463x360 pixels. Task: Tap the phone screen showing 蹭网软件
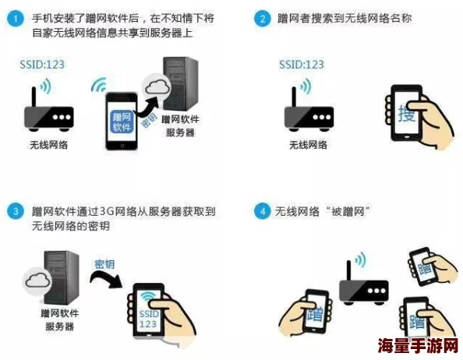pyautogui.click(x=123, y=121)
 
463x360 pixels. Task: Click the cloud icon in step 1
pyautogui.click(x=157, y=88)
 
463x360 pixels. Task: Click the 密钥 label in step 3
pyautogui.click(x=104, y=264)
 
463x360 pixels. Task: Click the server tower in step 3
pyautogui.click(x=61, y=276)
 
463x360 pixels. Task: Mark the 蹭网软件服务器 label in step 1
pyautogui.click(x=181, y=125)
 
